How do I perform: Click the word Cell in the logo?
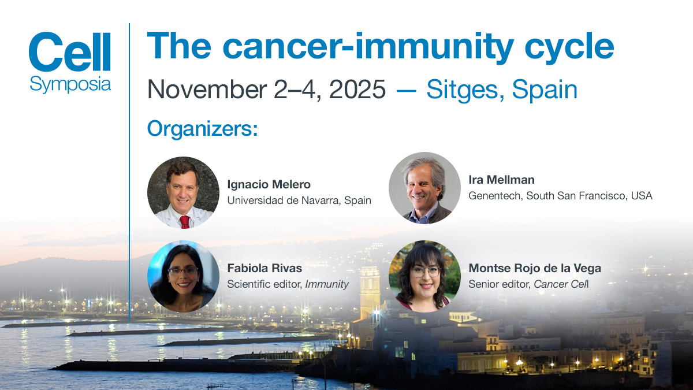coord(70,51)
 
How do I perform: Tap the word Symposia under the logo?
coord(70,84)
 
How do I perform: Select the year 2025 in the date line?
coord(357,90)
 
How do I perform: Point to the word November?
coord(207,90)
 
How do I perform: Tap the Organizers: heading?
coord(202,129)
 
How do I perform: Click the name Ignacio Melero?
coord(269,184)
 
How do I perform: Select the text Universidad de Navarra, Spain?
coord(299,200)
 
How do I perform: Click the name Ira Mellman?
coord(501,180)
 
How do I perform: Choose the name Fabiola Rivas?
coord(264,268)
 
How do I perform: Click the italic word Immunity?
coord(327,284)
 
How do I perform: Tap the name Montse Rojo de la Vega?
coord(535,268)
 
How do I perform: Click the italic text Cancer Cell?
coord(561,284)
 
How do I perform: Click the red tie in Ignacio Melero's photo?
coord(185,222)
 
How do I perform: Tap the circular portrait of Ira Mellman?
coord(424,188)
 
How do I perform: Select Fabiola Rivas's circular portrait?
coord(183,276)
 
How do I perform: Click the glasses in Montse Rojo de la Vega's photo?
coord(426,272)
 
